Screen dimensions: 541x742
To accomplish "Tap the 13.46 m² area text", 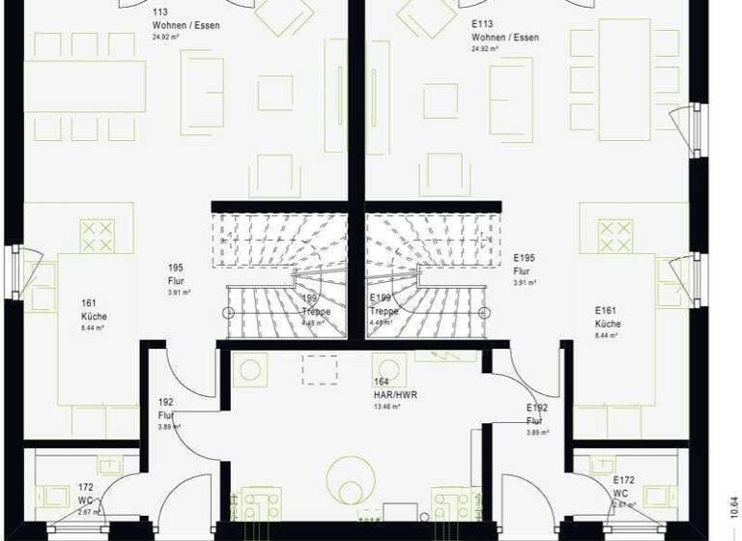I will pyautogui.click(x=386, y=407).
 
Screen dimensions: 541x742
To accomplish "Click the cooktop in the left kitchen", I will pyautogui.click(x=97, y=236).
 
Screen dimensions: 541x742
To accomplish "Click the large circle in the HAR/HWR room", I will pyautogui.click(x=350, y=475).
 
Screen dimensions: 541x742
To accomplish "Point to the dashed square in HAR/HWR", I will pyautogui.click(x=320, y=369).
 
